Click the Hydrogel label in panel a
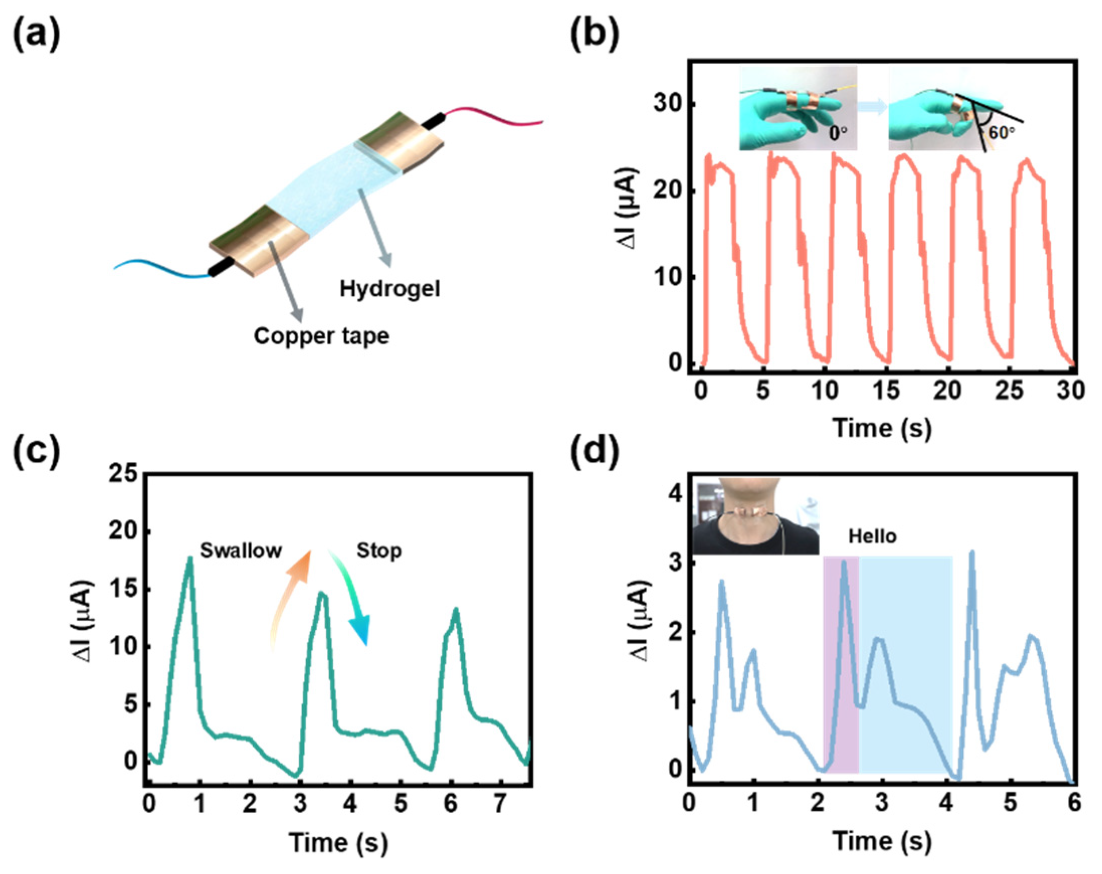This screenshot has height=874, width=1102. (389, 289)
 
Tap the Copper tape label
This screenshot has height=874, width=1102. (321, 336)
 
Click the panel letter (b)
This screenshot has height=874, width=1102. (594, 35)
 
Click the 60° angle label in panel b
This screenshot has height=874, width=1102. (1001, 133)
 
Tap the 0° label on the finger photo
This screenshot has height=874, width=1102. (837, 134)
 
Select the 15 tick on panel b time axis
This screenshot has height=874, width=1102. (886, 391)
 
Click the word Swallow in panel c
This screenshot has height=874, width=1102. (241, 550)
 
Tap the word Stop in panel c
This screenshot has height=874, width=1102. (379, 551)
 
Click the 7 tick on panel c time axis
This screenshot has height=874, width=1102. (500, 804)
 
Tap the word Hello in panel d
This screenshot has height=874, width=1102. (872, 536)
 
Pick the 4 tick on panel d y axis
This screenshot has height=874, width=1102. (676, 494)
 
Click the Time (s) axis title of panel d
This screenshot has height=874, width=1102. (882, 841)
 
